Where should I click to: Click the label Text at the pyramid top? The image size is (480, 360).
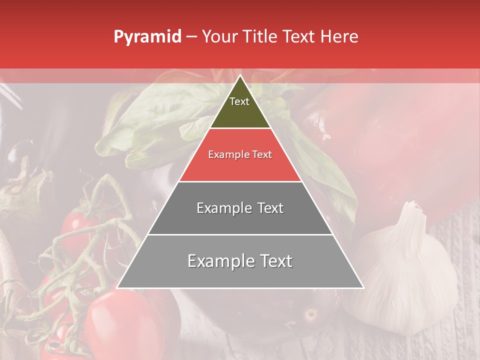coord(239,101)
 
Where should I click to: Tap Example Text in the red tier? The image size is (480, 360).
coord(240,154)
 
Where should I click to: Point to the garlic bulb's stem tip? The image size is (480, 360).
coord(411,204)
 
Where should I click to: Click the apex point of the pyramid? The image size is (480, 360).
coord(240,75)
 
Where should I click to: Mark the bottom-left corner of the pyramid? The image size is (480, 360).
coord(117,288)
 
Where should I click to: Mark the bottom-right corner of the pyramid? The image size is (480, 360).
coord(363,288)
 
